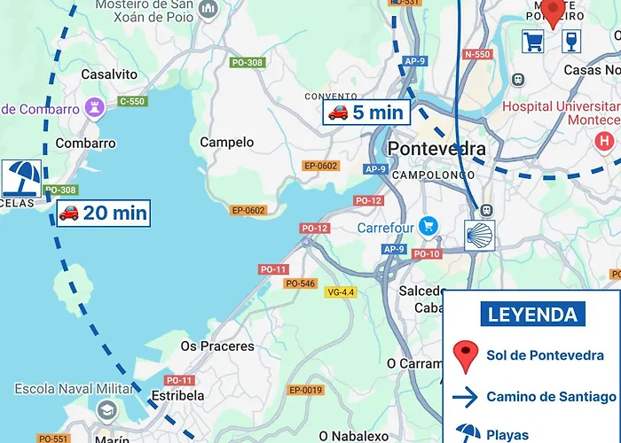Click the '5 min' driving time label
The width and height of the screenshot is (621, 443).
(366, 112)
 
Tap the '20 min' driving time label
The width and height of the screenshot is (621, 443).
(103, 213)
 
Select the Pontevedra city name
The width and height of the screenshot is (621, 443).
(437, 148)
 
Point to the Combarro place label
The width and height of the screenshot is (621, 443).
(85, 143)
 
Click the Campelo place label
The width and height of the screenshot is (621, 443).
(226, 142)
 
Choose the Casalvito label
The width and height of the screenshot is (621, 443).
(109, 75)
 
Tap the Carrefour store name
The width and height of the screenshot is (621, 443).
(386, 228)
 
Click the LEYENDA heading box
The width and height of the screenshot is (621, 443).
(533, 314)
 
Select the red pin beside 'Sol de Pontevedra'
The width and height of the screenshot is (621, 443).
(466, 356)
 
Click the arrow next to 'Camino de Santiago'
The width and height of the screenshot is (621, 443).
(465, 396)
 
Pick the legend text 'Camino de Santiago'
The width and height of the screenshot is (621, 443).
(551, 396)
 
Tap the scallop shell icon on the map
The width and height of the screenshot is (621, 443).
(480, 237)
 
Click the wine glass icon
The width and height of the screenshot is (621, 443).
(571, 41)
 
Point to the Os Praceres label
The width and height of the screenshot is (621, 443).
(217, 346)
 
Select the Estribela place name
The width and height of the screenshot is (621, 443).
(178, 396)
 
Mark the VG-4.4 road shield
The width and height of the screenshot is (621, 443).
(341, 292)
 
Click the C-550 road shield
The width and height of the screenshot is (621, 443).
(131, 102)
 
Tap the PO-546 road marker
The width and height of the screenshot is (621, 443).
(300, 284)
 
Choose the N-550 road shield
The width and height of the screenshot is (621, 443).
(477, 55)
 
